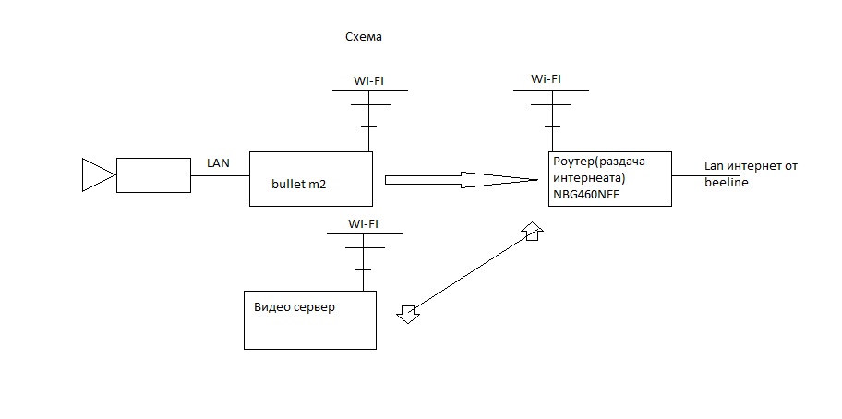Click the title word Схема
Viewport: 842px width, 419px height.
coord(362,38)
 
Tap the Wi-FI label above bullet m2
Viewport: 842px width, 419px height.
coord(368,81)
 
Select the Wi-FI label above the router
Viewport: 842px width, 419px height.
coord(546,78)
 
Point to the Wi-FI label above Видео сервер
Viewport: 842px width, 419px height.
coord(363,223)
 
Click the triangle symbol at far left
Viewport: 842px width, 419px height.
coord(95,174)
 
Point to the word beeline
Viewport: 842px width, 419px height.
coord(726,183)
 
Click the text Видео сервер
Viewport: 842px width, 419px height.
coord(294,306)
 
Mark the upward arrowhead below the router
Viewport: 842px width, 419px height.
coord(533,231)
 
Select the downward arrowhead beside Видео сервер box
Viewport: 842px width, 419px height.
coord(406,314)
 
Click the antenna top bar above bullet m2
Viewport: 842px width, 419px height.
coord(368,91)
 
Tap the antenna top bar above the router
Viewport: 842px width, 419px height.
coord(551,90)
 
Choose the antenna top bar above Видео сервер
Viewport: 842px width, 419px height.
coord(363,233)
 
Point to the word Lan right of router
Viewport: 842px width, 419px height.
coord(716,165)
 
